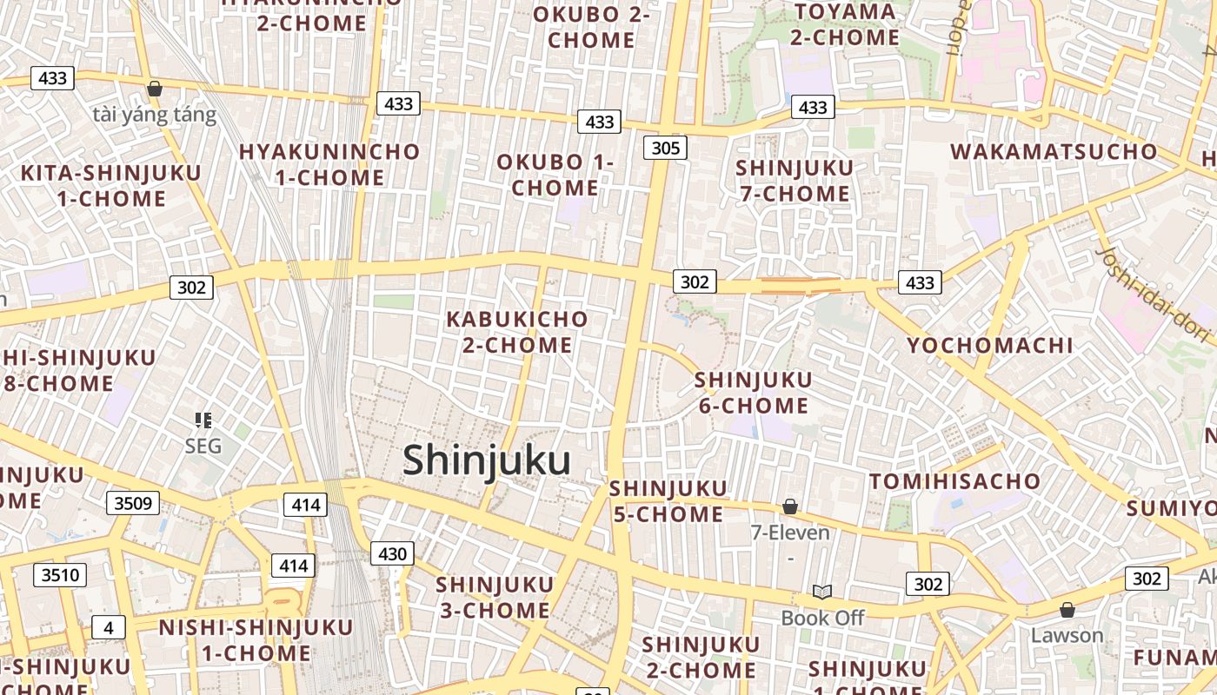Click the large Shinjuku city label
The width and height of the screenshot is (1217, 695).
pyautogui.click(x=486, y=460)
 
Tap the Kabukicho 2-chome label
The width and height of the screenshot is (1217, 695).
pyautogui.click(x=517, y=332)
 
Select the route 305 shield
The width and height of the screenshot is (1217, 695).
pyautogui.click(x=665, y=148)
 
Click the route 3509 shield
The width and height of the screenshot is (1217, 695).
pyautogui.click(x=133, y=503)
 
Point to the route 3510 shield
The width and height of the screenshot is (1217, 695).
pyautogui.click(x=60, y=574)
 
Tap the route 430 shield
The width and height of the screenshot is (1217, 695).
pyautogui.click(x=392, y=553)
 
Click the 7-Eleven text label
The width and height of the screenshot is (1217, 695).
pyautogui.click(x=790, y=533)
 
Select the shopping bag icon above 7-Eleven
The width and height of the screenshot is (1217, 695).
pyautogui.click(x=790, y=506)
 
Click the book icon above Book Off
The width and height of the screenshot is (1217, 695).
pyautogui.click(x=822, y=592)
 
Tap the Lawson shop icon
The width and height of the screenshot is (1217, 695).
pyautogui.click(x=1067, y=610)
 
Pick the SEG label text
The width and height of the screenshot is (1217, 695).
pyautogui.click(x=203, y=447)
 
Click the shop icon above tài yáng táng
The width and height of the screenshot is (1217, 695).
pyautogui.click(x=155, y=89)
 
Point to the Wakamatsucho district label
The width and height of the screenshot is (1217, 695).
pyautogui.click(x=1054, y=152)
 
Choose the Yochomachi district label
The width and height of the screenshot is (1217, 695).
pyautogui.click(x=990, y=346)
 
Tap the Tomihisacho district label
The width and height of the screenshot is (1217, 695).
pyautogui.click(x=954, y=481)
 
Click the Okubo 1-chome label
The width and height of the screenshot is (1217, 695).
pyautogui.click(x=555, y=175)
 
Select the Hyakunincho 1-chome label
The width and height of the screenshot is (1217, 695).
pyautogui.click(x=329, y=165)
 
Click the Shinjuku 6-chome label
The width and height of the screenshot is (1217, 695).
pyautogui.click(x=753, y=393)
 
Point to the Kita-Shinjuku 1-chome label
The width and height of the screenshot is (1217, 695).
pyautogui.click(x=111, y=186)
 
